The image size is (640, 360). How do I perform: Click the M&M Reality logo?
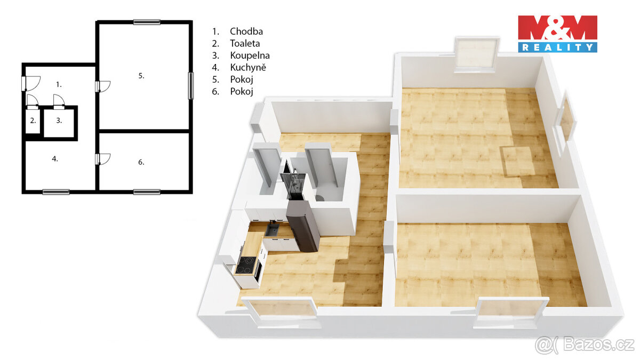coord(557,34)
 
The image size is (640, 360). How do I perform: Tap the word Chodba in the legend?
coord(246,31)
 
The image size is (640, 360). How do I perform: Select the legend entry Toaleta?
coord(245,44)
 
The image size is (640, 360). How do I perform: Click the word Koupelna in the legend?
coord(250,55)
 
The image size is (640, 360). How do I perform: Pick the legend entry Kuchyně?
coord(247,68)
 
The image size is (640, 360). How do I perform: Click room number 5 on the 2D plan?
coord(141,76)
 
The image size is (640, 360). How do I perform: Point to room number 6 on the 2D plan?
coord(141,162)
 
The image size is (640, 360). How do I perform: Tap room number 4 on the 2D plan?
coord(55,158)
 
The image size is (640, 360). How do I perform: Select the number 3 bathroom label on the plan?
coord(59,121)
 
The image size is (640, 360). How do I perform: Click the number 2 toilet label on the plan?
coord(33,121)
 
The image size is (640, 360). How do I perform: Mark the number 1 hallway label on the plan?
coord(59,84)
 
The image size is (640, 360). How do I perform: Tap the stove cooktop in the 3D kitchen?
coord(246,265)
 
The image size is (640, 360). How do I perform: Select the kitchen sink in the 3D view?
coord(273,230)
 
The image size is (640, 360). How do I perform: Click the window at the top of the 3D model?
coord(476,53)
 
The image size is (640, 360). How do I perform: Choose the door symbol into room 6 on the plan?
coord(103,158)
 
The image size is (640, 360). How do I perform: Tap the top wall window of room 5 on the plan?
coord(147,22)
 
